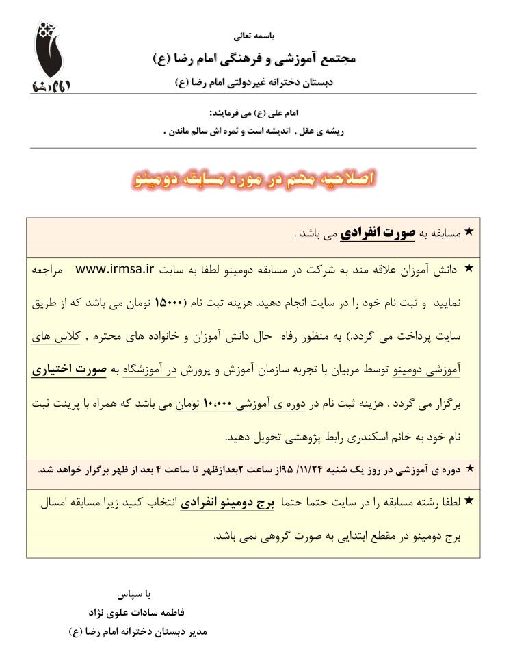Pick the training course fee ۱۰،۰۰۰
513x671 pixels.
[x=221, y=404]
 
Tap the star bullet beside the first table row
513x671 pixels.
[x=469, y=232]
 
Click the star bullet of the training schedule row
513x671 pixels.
[x=469, y=468]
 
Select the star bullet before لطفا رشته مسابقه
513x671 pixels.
[x=469, y=501]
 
